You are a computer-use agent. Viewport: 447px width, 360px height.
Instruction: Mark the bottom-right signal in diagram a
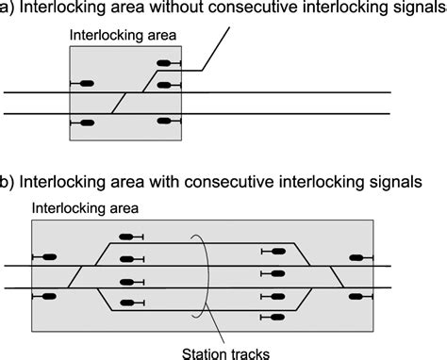coord(166,122)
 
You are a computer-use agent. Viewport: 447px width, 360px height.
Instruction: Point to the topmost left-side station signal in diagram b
coord(127,237)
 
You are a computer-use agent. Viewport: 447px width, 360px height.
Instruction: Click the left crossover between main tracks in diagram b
coord(78,276)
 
